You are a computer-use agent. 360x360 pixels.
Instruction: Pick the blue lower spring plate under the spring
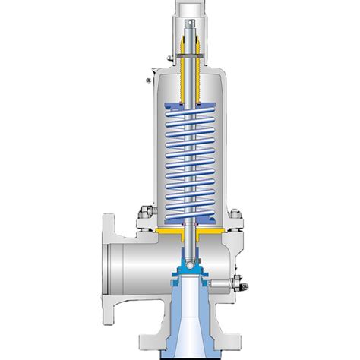click(186, 216)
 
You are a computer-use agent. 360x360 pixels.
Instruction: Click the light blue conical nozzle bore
click(186, 319)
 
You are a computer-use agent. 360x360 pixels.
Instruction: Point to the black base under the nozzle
click(186, 356)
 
